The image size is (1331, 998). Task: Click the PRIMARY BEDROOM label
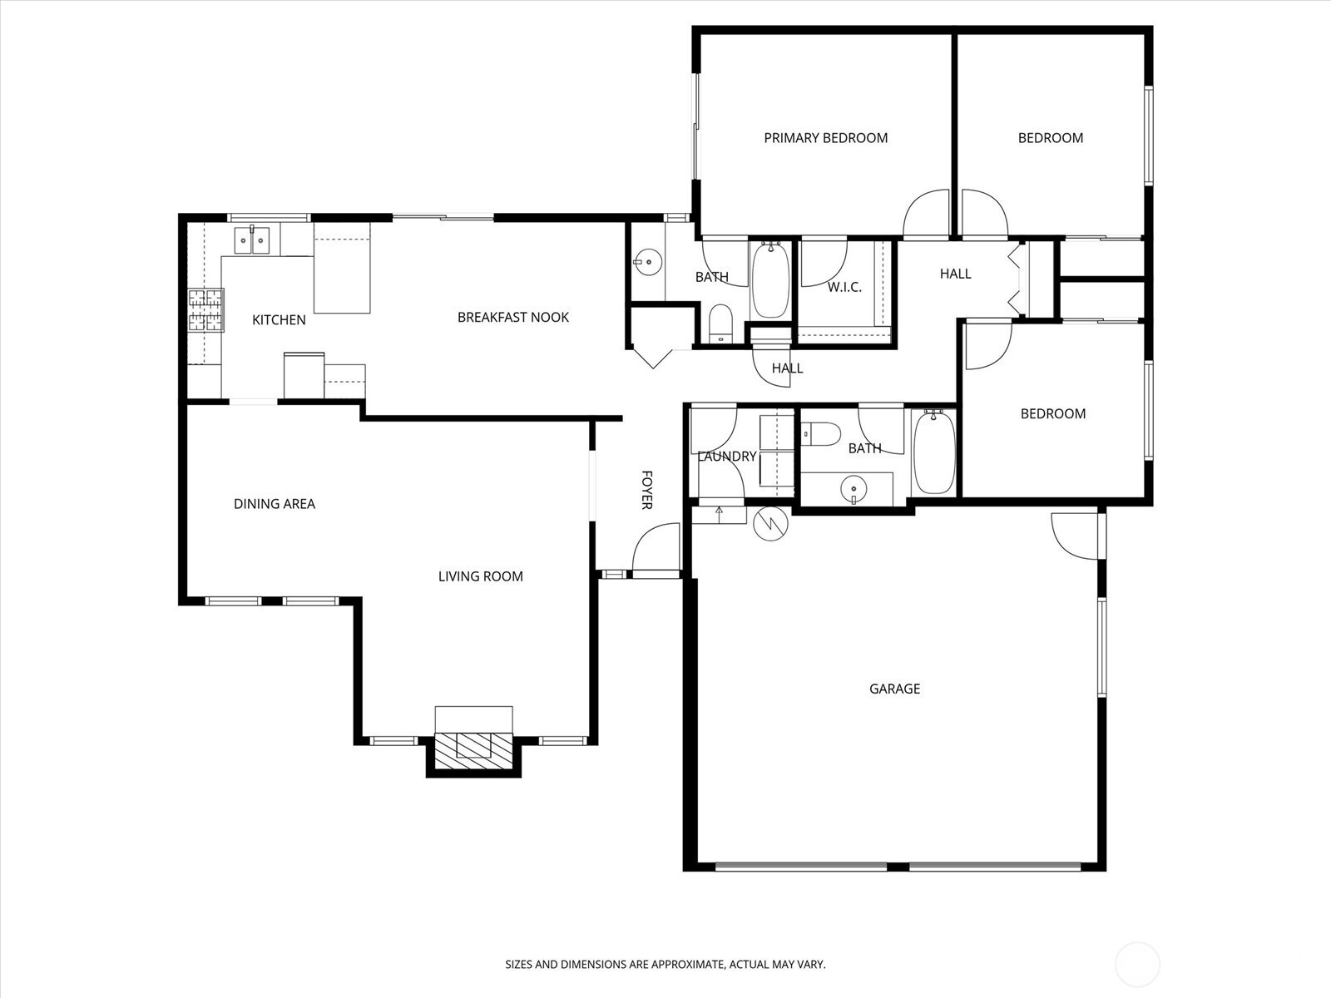[825, 138]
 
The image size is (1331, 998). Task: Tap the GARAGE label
[894, 689]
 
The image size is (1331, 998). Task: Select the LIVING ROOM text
[480, 576]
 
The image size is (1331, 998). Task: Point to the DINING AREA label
[274, 503]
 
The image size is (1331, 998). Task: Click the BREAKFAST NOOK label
[513, 317]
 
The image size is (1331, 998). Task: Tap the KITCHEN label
[279, 320]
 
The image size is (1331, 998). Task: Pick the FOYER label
[647, 490]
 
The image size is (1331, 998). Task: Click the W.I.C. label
[844, 287]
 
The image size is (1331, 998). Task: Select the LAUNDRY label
[726, 457]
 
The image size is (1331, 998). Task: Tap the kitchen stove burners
[205, 310]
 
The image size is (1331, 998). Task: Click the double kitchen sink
[252, 240]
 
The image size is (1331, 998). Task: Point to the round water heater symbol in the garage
[770, 523]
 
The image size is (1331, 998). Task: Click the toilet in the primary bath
[721, 324]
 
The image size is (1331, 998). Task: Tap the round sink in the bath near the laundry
[854, 488]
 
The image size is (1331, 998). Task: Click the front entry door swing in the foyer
[656, 546]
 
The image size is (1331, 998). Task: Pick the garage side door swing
[1075, 536]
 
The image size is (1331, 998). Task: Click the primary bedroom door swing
[926, 212]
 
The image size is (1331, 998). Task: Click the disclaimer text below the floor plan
[665, 963]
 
